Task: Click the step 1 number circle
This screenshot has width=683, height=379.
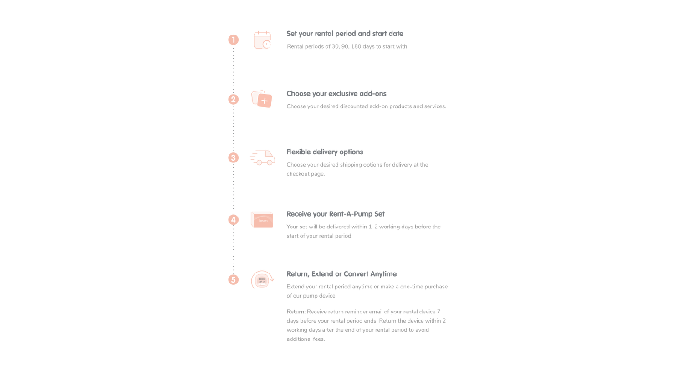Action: point(233,40)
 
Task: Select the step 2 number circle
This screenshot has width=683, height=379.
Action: point(233,100)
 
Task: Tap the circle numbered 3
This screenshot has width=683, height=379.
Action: point(233,158)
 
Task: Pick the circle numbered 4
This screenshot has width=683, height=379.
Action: point(233,220)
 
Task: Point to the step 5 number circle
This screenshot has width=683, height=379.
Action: point(233,279)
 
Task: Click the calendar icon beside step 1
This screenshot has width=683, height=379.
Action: point(262,40)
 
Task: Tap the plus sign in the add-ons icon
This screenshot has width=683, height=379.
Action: point(265,101)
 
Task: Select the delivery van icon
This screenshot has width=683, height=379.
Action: point(262,157)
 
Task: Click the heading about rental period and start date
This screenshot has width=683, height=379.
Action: point(345,34)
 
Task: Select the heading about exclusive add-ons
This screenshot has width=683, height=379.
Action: point(336,94)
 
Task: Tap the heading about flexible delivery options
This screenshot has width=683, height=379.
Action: point(325,152)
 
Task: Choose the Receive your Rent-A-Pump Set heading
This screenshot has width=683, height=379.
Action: point(336,214)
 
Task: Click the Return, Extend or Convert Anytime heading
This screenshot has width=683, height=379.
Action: point(341,274)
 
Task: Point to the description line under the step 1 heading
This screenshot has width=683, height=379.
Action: point(347,46)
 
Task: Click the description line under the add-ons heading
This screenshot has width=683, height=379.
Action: point(366,106)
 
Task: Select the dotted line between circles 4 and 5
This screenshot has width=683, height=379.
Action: point(233,249)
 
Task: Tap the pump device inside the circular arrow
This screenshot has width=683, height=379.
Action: point(262,281)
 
